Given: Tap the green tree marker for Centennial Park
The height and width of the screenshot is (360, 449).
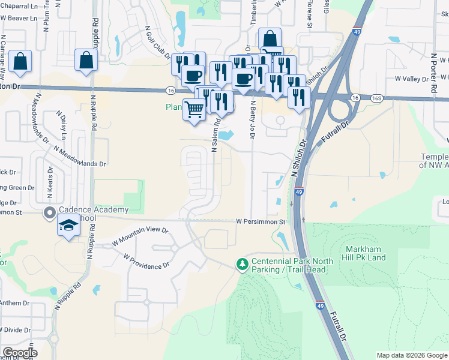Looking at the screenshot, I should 242,264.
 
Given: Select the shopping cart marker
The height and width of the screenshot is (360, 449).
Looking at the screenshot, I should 193,110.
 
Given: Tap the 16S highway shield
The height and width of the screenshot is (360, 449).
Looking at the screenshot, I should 376,97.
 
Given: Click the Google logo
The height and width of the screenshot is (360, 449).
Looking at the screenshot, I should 19,353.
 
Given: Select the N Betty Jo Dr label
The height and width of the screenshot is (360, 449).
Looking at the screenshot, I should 253,119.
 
